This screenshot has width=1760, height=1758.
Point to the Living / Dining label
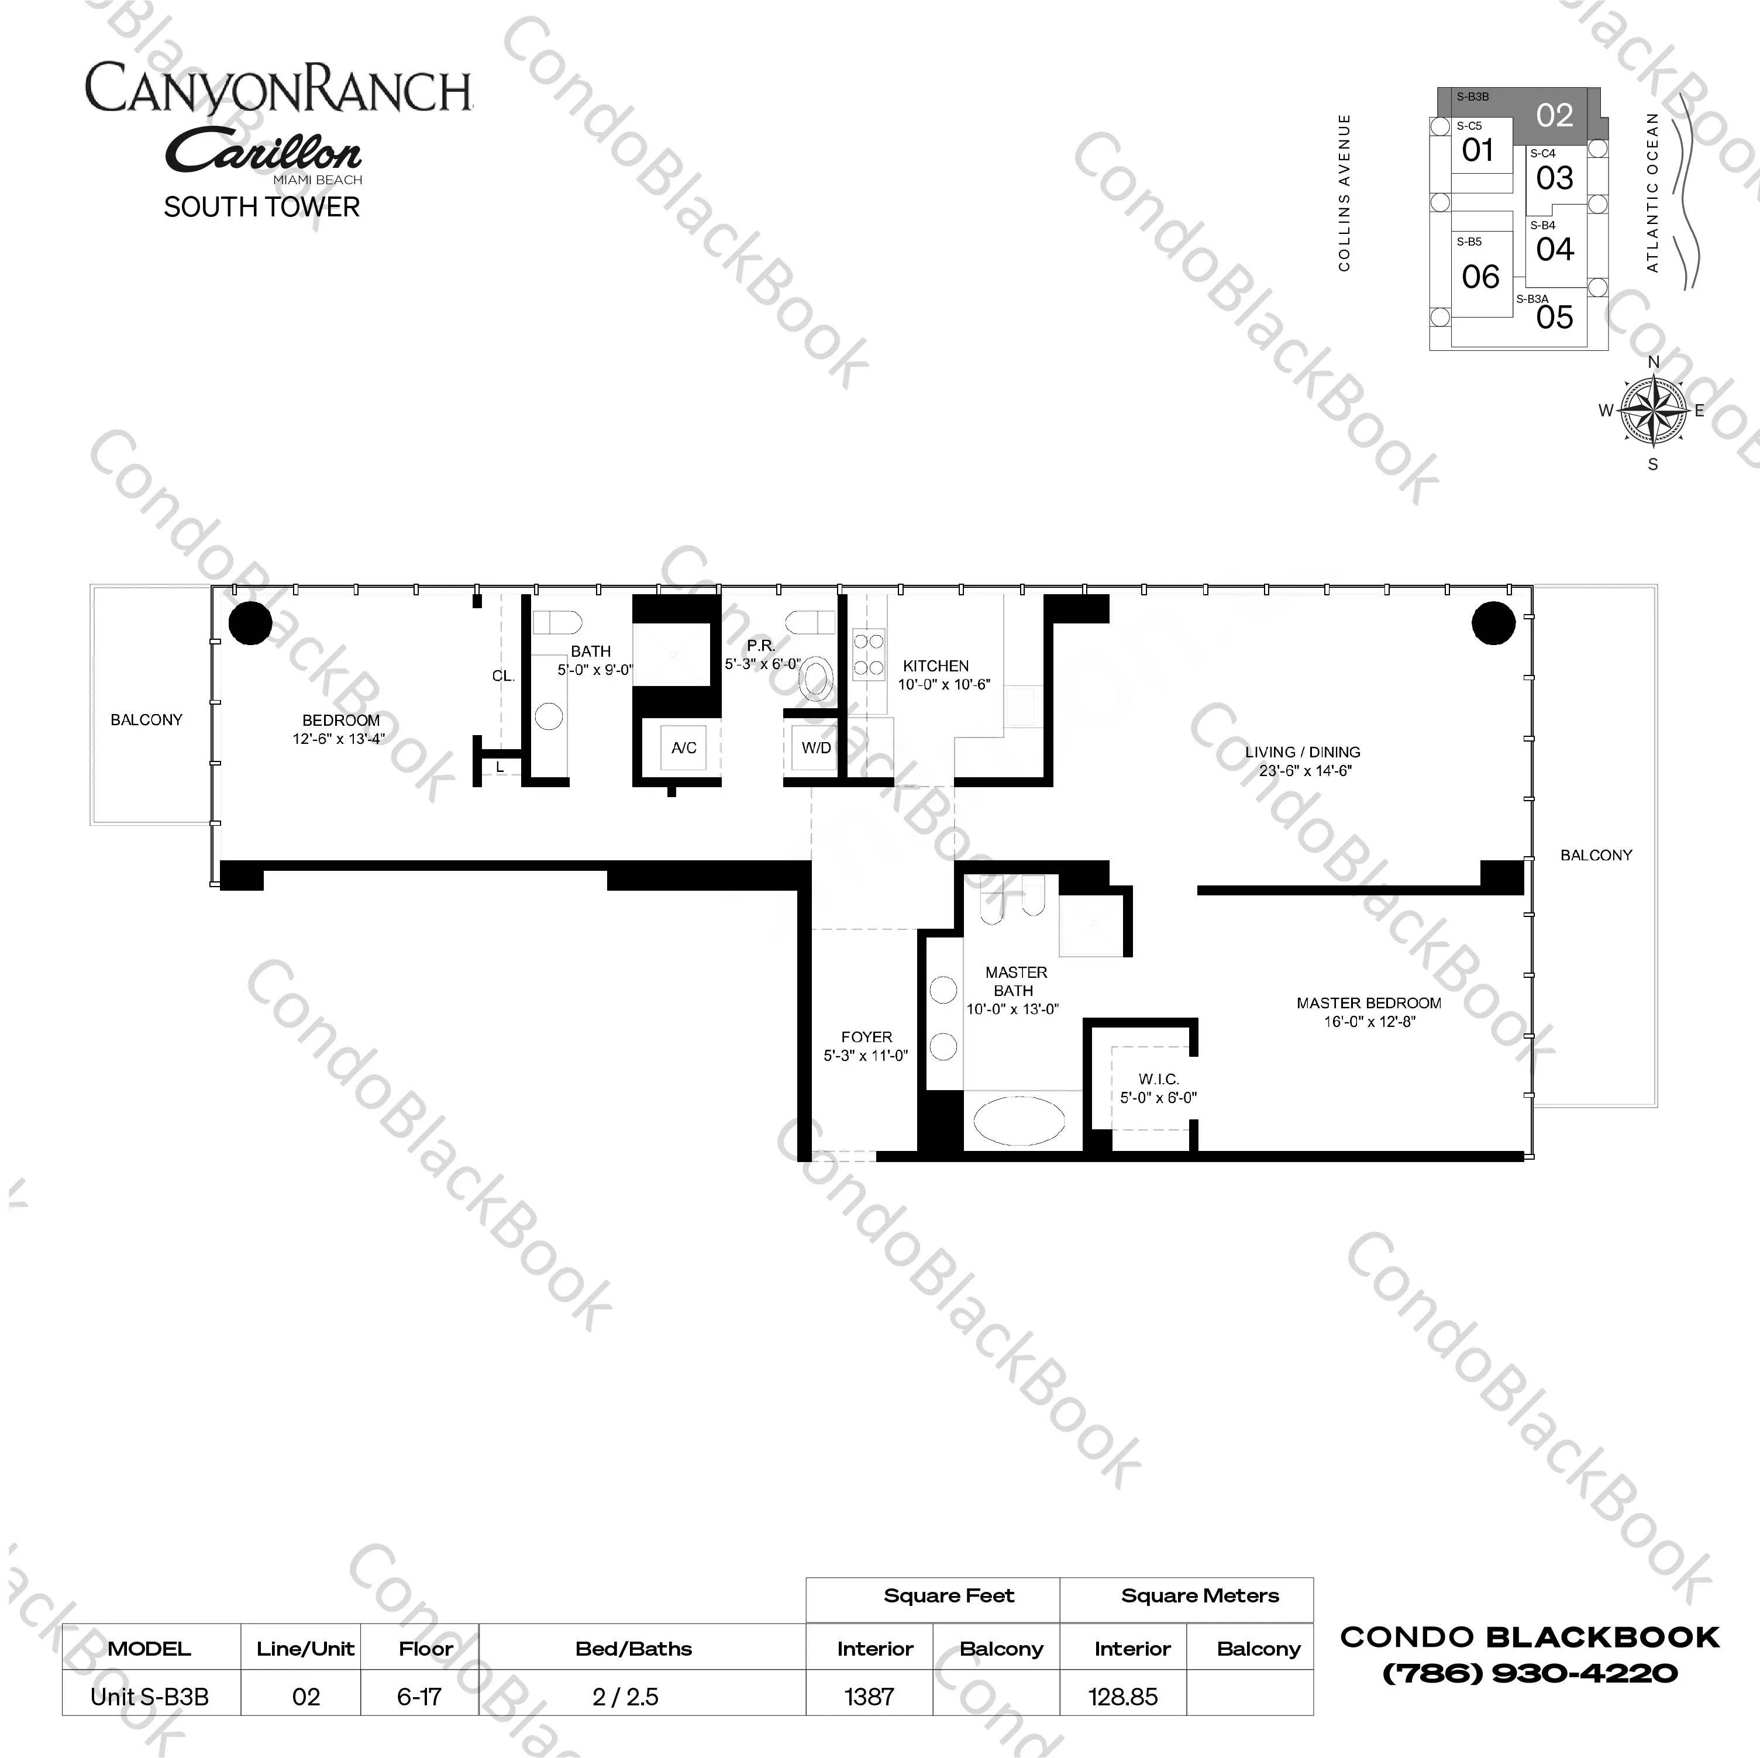(x=1303, y=761)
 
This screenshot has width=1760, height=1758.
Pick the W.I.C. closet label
(x=1158, y=1088)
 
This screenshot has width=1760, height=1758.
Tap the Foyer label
(x=866, y=1046)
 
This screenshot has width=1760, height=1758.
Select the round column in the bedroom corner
(x=250, y=623)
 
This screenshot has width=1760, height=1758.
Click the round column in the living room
(x=1493, y=623)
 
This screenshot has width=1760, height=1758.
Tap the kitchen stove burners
(x=867, y=654)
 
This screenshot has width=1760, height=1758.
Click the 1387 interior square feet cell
(x=869, y=1696)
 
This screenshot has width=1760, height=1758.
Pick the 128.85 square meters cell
(x=1122, y=1696)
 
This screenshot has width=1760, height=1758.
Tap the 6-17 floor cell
(x=419, y=1696)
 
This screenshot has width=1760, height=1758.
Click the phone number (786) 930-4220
(x=1530, y=1673)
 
